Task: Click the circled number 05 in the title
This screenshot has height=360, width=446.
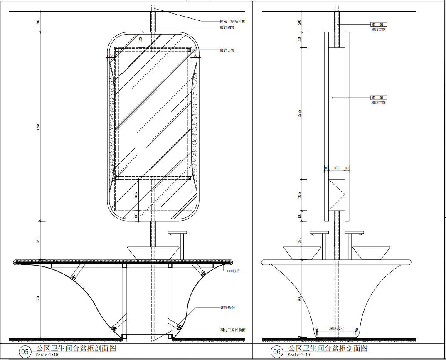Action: tap(25, 352)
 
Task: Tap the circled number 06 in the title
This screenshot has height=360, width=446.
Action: tap(277, 352)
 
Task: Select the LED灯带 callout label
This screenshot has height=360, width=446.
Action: tap(233, 271)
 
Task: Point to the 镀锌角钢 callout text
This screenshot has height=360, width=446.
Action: tap(228, 308)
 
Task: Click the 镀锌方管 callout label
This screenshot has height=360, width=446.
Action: tap(227, 50)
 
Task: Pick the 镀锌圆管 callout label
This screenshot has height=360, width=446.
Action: tap(227, 27)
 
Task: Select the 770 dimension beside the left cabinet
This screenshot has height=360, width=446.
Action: tap(38, 298)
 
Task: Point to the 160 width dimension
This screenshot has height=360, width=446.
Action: tap(337, 168)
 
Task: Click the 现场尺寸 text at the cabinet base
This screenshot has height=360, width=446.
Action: tap(336, 328)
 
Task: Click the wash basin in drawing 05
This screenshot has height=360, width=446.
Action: tap(153, 252)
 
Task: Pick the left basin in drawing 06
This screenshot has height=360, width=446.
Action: tap(302, 253)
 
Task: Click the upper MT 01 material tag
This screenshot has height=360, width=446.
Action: tap(378, 24)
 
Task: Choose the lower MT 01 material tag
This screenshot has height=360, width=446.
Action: tap(378, 97)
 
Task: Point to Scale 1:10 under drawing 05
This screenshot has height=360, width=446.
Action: tap(47, 355)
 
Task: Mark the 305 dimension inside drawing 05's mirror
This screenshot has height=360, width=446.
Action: tap(136, 195)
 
